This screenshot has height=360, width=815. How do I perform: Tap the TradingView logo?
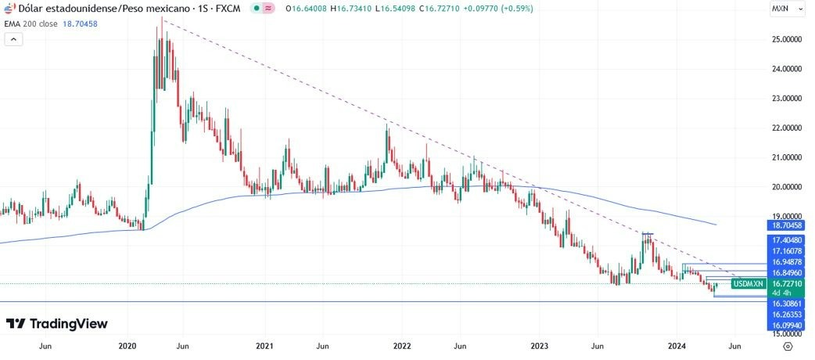pos(57,324)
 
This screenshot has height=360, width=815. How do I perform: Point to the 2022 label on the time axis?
pos(402,345)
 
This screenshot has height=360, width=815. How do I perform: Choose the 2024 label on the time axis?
pos(677,345)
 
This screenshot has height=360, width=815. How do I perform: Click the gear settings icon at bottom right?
pos(788,345)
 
